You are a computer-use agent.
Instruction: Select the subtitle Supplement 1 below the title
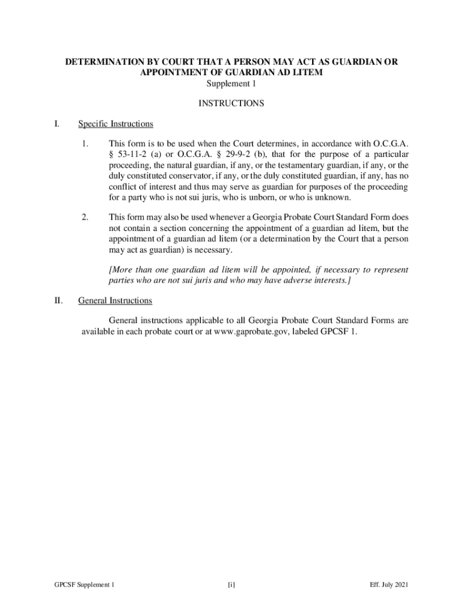[x=231, y=84]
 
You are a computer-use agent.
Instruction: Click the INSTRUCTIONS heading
[x=231, y=103]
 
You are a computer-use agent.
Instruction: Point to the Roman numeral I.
[x=56, y=124]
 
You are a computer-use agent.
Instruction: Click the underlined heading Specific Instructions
[x=115, y=124]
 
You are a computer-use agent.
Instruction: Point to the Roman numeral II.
[x=58, y=300]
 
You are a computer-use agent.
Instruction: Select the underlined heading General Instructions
[x=115, y=300]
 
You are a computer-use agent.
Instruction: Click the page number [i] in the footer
[x=231, y=585]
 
